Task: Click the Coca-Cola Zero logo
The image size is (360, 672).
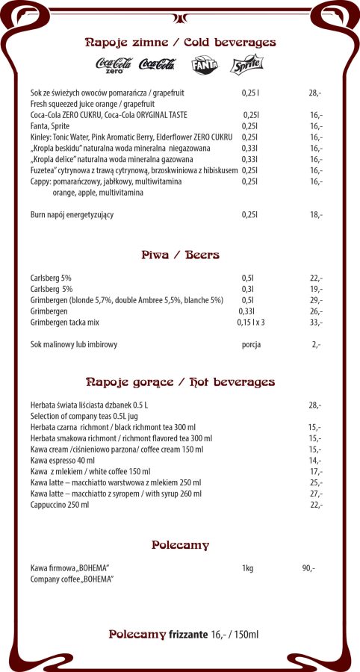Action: point(114,66)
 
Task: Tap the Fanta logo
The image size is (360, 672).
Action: point(204,66)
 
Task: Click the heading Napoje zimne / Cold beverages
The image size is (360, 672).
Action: point(180,43)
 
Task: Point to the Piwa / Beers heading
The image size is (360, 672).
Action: point(180,255)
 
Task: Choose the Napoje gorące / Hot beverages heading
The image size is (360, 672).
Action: point(180,382)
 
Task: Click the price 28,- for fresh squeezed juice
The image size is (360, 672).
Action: point(314,93)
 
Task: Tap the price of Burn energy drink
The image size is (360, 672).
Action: point(316,215)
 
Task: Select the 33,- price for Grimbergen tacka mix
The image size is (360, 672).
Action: point(316,323)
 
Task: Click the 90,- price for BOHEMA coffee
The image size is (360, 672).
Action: point(308,568)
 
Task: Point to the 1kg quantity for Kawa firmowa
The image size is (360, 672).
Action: point(247,568)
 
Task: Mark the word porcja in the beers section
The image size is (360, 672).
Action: point(252,345)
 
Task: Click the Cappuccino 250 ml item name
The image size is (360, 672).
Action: point(60,505)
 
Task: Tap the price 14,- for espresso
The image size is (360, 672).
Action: point(315,461)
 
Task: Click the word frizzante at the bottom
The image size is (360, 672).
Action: point(188,635)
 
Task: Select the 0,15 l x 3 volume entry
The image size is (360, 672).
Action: point(251,323)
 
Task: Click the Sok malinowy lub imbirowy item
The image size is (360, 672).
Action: point(74,345)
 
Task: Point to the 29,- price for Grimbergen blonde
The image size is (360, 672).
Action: point(316,300)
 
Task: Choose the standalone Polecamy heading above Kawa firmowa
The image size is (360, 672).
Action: point(180,545)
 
